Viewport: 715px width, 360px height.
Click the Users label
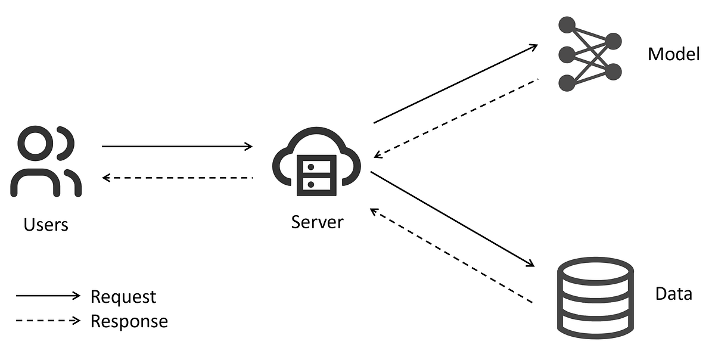click(46, 225)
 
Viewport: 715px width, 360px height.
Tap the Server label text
click(317, 222)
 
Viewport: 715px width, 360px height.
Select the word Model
click(673, 55)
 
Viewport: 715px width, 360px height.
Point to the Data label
click(673, 294)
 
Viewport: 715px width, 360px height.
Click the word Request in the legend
click(123, 296)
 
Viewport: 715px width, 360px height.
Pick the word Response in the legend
click(129, 321)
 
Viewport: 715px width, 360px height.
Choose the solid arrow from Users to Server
click(177, 146)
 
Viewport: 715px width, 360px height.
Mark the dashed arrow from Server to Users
click(177, 178)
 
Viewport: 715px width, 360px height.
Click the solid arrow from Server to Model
click(456, 84)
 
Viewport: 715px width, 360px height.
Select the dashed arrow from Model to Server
click(456, 118)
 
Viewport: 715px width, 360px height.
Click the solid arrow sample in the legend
click(48, 296)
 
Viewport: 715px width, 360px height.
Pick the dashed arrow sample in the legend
click(48, 321)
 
